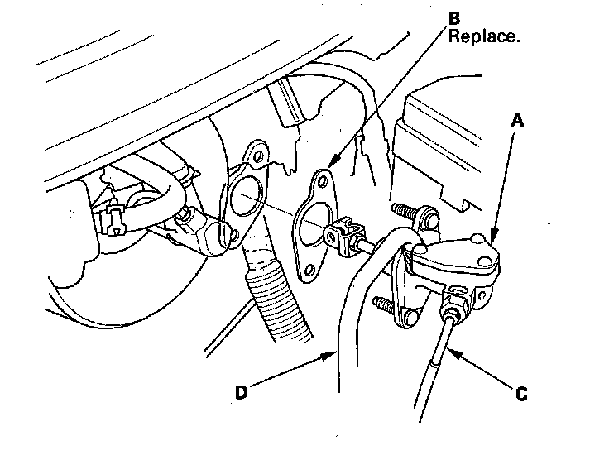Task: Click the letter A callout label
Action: [517, 121]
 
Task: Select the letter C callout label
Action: [520, 395]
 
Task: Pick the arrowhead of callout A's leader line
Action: [491, 239]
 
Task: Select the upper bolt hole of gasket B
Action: [324, 180]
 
